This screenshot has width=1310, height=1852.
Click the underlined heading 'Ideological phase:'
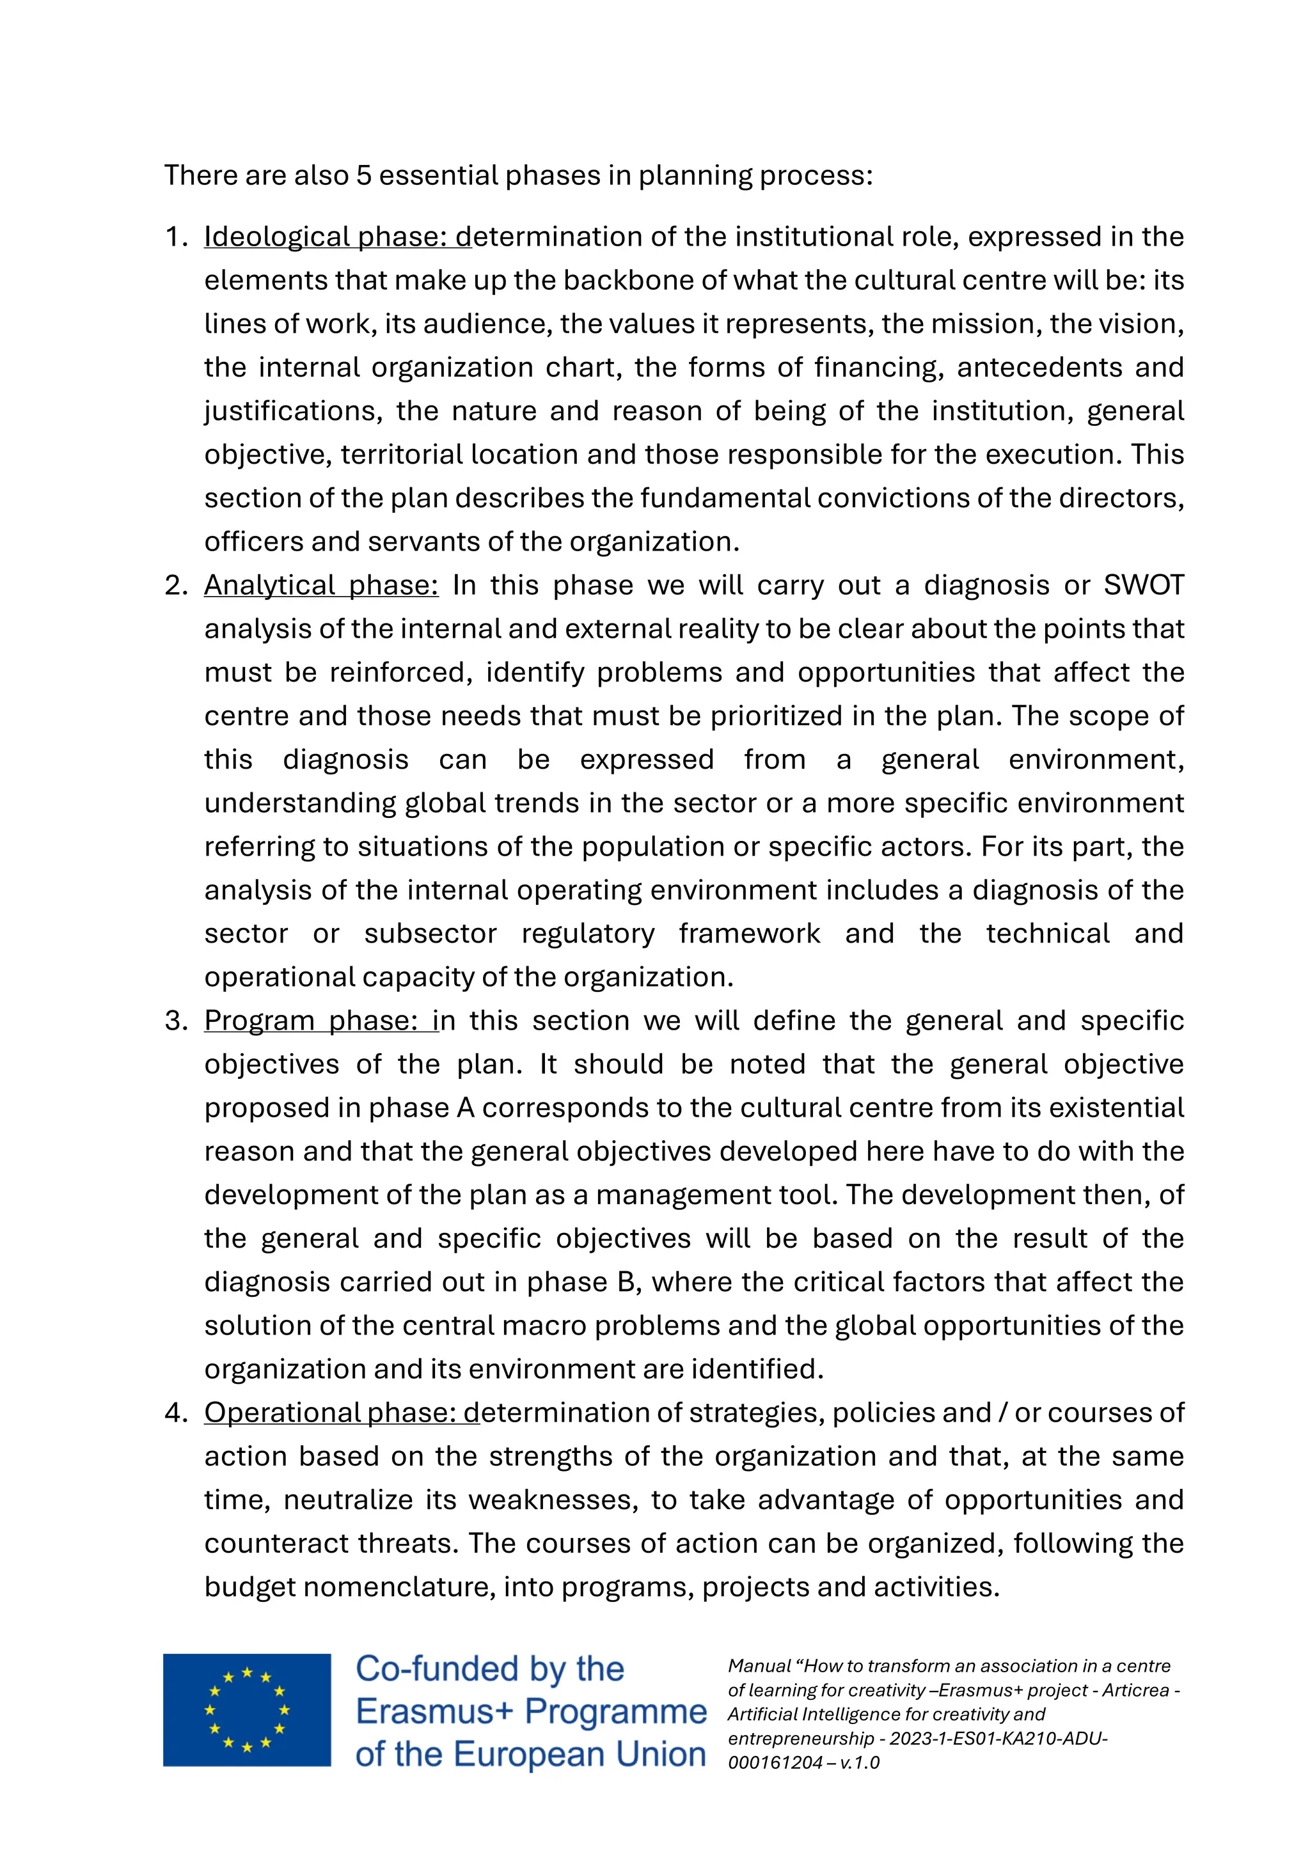327,237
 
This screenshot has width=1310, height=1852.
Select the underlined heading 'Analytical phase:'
321,586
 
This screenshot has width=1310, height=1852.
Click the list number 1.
175,237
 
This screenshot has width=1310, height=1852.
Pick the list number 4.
175,1413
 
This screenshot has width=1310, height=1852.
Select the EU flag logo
247,1710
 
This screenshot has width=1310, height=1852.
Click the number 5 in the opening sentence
364,176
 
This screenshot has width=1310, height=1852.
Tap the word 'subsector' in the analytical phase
430,934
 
